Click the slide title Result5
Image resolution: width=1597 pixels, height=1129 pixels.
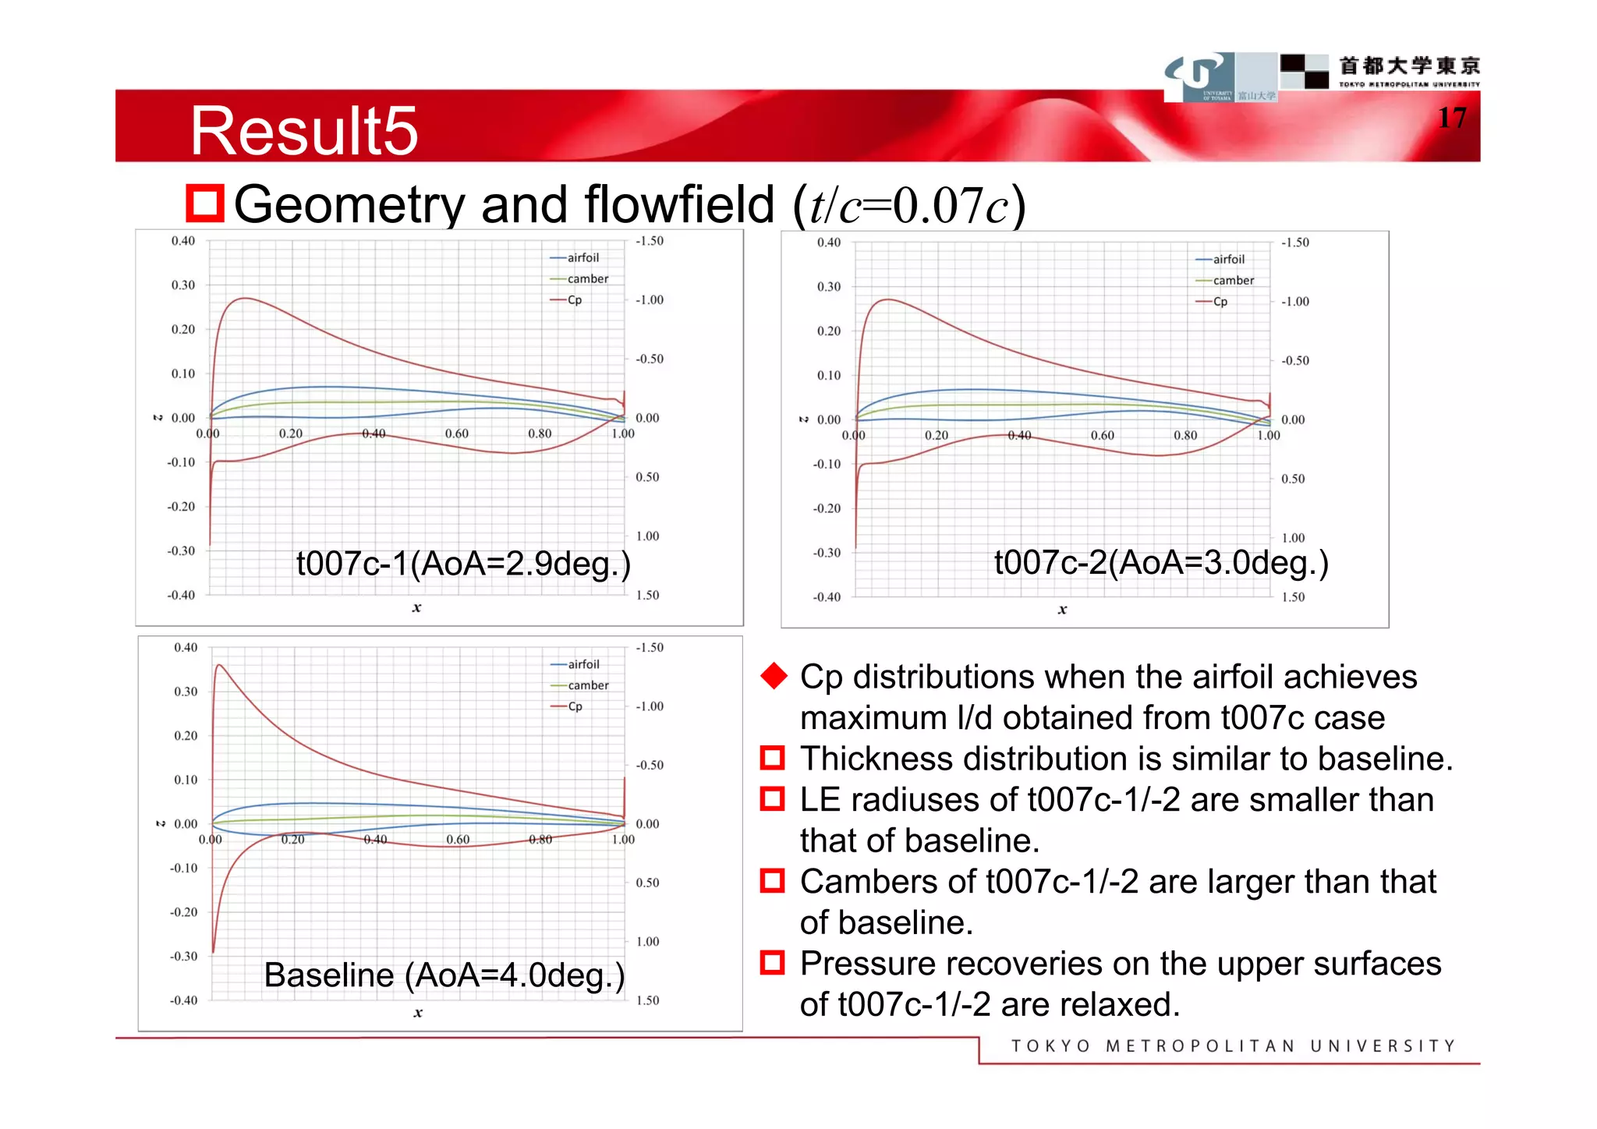(304, 130)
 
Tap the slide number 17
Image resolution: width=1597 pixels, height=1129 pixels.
(1451, 118)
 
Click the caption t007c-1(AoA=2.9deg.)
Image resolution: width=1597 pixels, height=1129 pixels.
(463, 563)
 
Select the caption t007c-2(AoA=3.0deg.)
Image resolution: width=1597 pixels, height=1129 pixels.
(1161, 561)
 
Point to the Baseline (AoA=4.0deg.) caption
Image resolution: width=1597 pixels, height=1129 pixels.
(444, 975)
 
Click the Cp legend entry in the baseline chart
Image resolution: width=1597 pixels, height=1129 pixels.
(575, 706)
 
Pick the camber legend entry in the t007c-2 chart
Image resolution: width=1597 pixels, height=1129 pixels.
(1233, 281)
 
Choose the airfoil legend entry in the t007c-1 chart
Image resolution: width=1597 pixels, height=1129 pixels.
(582, 258)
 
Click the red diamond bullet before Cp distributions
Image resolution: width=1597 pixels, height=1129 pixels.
(774, 676)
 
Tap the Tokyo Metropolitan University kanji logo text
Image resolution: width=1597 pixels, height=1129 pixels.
(1409, 66)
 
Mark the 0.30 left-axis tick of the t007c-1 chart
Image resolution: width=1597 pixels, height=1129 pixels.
(183, 285)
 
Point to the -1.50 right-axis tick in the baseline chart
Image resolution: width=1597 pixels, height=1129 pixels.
(650, 648)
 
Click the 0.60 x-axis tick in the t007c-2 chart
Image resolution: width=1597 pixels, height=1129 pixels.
(1102, 436)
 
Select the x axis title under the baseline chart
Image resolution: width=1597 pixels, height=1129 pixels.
(418, 1013)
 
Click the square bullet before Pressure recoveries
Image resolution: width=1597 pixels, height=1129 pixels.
(772, 963)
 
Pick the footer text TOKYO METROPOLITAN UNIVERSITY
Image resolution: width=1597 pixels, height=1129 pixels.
(1233, 1046)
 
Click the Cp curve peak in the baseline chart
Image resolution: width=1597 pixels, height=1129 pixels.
(221, 665)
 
